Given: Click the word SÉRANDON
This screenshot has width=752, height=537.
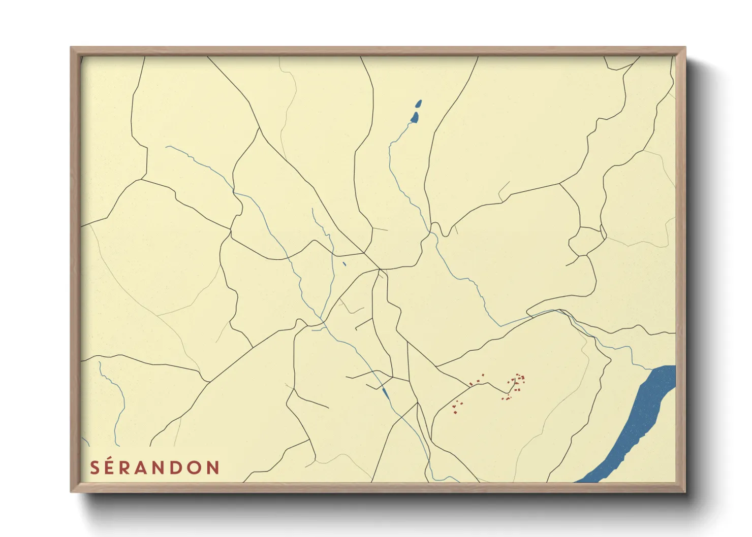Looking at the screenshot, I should [x=154, y=467].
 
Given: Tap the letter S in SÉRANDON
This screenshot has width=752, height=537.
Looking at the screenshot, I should [x=95, y=467].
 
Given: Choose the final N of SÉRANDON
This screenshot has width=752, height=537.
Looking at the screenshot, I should [x=213, y=467].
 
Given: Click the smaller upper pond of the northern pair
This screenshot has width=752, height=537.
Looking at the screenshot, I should [x=419, y=104].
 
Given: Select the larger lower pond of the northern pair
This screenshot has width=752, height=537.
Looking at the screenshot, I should [x=415, y=118].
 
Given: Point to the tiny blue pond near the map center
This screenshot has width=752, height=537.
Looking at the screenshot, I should [x=344, y=263].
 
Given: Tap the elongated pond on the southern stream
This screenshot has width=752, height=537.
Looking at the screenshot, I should [x=385, y=392].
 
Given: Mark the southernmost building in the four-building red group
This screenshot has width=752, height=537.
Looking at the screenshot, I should [x=455, y=412].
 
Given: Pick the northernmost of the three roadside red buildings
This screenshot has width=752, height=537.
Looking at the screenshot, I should [x=482, y=375].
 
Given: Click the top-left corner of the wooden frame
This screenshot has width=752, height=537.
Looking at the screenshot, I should [x=72, y=48].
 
